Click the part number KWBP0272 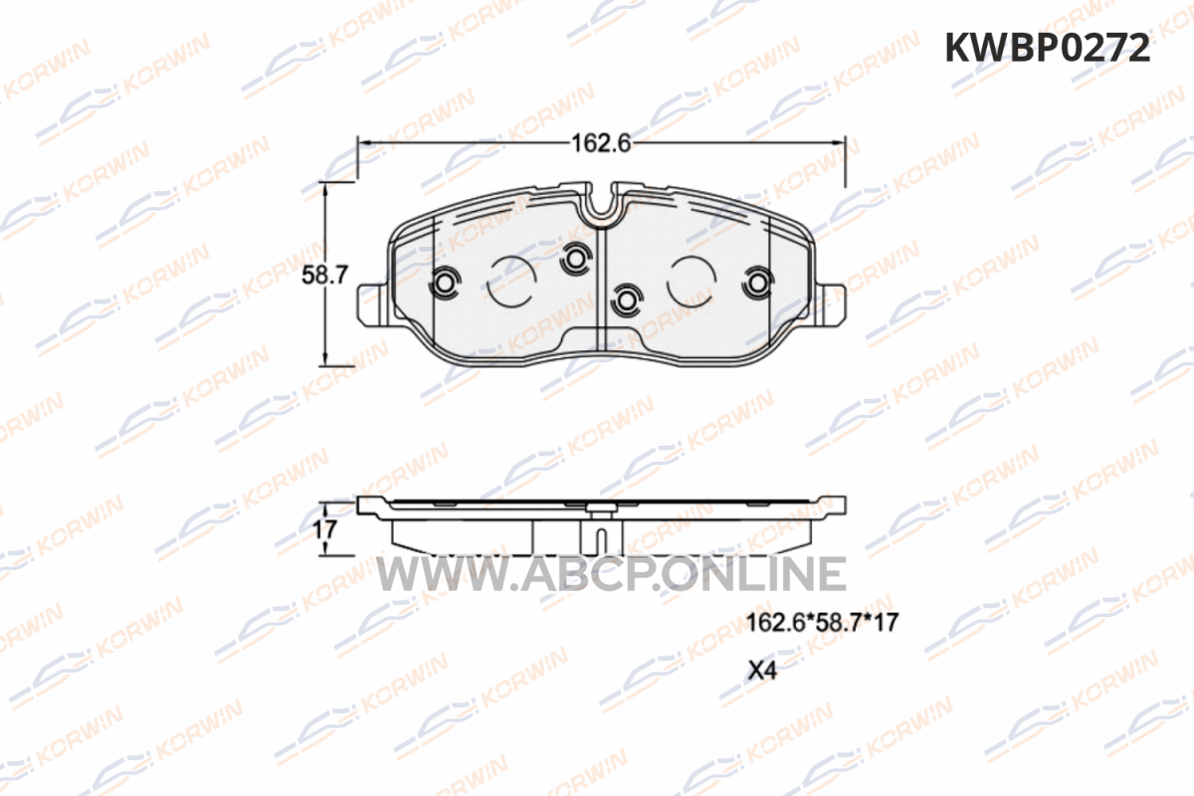click(1048, 48)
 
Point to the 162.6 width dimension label click(601, 143)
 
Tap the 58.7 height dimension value click(324, 275)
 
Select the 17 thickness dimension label click(324, 530)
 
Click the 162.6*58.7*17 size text click(822, 622)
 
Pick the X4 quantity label click(762, 671)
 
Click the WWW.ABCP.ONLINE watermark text click(611, 574)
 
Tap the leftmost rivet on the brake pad click(444, 283)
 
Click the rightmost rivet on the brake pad click(758, 283)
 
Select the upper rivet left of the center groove click(576, 259)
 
